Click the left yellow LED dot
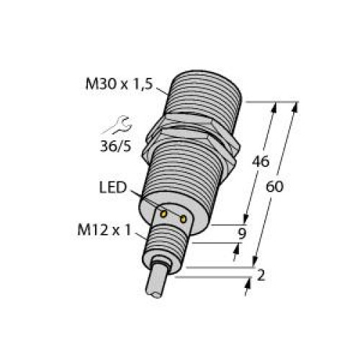pos(164,213)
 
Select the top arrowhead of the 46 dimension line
pos(275,107)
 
